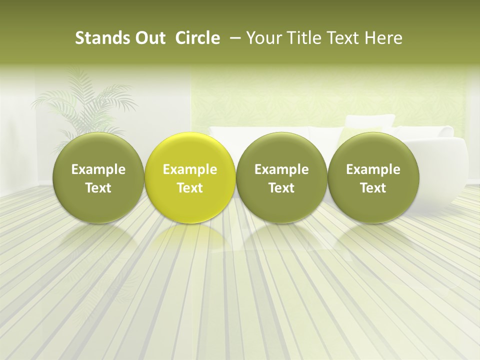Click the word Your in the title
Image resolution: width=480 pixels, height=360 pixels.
(x=263, y=38)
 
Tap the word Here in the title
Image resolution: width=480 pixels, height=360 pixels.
(x=382, y=38)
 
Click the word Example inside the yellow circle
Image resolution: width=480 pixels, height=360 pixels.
(x=190, y=169)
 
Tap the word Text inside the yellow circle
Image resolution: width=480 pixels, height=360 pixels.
(x=190, y=188)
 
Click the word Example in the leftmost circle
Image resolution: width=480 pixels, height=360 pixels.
(x=98, y=169)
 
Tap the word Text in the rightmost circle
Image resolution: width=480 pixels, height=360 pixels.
(x=373, y=188)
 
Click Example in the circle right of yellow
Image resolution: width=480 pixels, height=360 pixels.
(x=281, y=169)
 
